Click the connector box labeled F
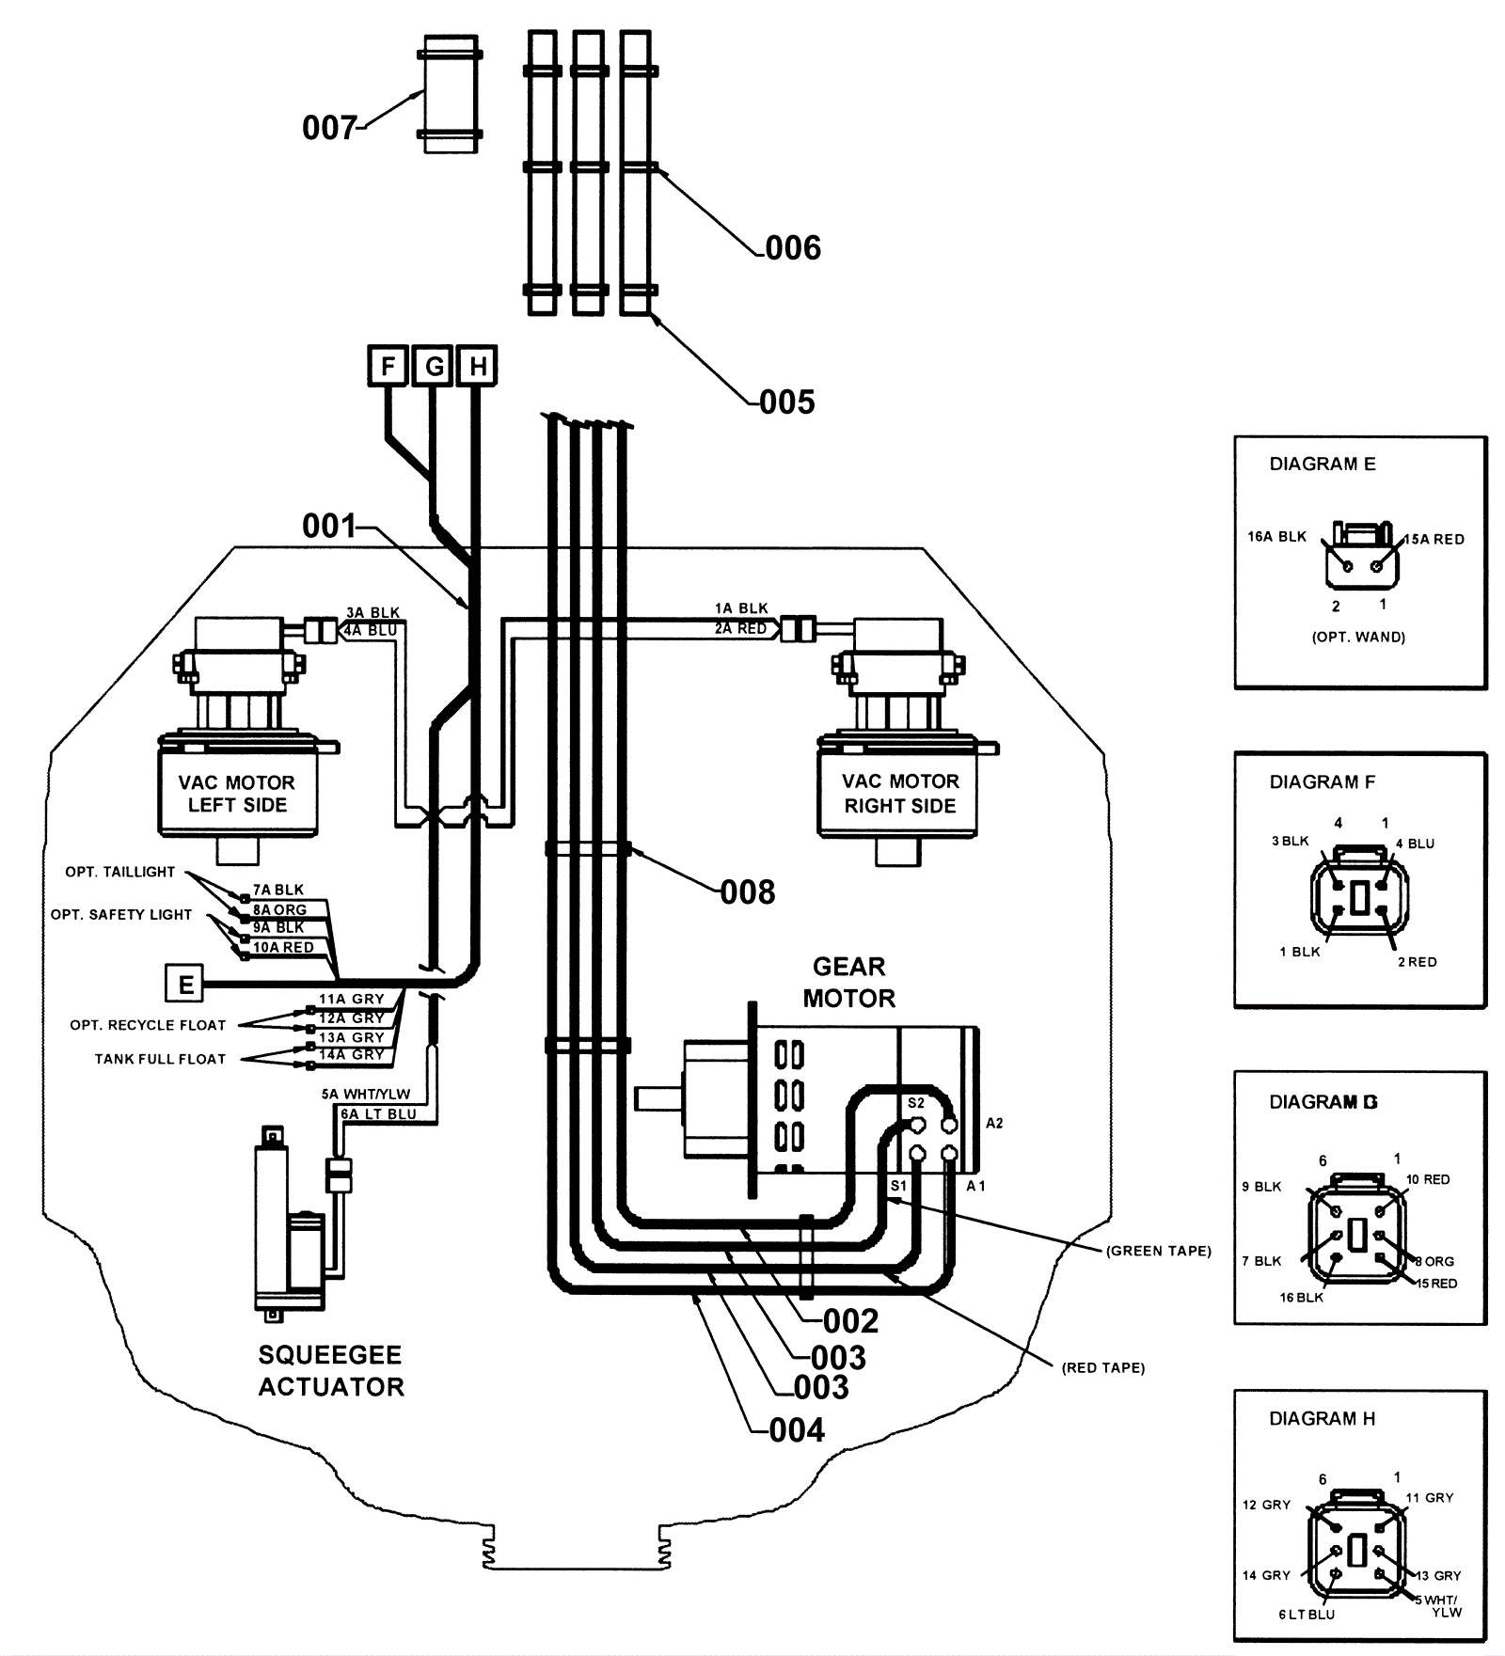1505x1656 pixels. pos(387,366)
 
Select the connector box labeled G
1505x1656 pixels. pos(433,366)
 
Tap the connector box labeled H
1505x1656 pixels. pos(477,366)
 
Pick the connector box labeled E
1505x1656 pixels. pos(184,985)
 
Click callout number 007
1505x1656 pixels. pos(329,128)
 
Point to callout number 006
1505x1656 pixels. pos(793,248)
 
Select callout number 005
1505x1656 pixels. pos(787,402)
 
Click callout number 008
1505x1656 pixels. pos(748,891)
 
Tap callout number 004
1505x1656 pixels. pos(797,1430)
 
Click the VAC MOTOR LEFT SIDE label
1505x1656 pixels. pos(237,794)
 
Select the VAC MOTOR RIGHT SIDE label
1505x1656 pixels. pos(900,794)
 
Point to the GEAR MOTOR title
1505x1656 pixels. pos(849,983)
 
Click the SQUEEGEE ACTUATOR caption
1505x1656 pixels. pos(331,1371)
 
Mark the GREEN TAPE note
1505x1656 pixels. pos(1159,1251)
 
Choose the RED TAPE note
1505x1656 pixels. pos(1103,1368)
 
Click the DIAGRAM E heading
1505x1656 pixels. pos(1323,464)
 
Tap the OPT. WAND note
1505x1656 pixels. pos(1358,637)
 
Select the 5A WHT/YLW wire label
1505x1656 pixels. pos(366,1095)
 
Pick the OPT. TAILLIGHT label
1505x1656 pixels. pos(120,872)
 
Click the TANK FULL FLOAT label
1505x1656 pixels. pos(160,1059)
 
